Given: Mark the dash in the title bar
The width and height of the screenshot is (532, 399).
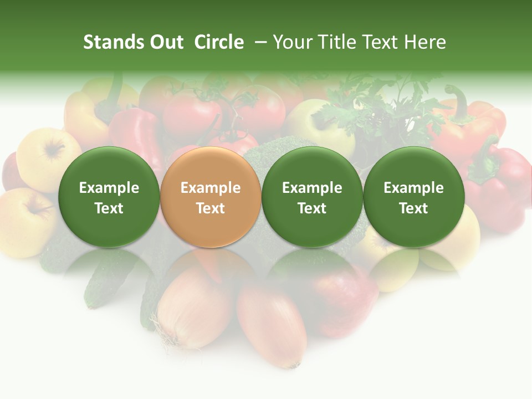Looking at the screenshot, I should pyautogui.click(x=260, y=42).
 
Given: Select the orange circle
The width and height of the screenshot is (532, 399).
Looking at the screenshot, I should pyautogui.click(x=211, y=197).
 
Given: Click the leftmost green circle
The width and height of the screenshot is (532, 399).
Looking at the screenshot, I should pyautogui.click(x=109, y=197).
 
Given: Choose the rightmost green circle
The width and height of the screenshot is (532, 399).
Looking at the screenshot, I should pyautogui.click(x=414, y=197).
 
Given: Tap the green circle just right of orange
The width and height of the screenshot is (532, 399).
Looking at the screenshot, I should pyautogui.click(x=312, y=197).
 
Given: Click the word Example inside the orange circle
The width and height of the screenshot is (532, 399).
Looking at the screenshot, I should pyautogui.click(x=211, y=188).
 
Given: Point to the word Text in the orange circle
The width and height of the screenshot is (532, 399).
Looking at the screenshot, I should pyautogui.click(x=211, y=208).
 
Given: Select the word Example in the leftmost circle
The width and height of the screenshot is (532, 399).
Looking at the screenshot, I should pyautogui.click(x=109, y=188).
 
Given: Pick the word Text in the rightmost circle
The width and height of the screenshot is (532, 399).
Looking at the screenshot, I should pyautogui.click(x=414, y=208).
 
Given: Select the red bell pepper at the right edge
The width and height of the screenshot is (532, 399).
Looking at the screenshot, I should pyautogui.click(x=502, y=183).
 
